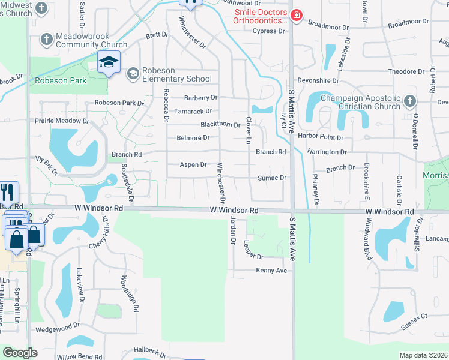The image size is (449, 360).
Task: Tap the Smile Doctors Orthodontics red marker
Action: [x=295, y=16]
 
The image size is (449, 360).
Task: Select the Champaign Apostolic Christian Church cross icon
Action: [x=410, y=101]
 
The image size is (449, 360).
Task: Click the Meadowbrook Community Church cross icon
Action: [x=46, y=40]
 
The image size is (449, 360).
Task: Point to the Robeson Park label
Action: [x=61, y=80]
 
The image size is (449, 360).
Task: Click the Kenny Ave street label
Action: [x=272, y=271]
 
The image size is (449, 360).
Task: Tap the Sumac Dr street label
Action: [x=272, y=178]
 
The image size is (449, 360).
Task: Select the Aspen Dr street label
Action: [x=193, y=164]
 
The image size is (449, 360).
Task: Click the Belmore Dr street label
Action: [x=193, y=138]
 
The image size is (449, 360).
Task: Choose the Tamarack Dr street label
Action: [x=193, y=111]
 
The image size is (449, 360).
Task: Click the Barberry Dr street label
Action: [x=200, y=98]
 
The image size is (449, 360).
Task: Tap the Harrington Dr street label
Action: [x=327, y=152]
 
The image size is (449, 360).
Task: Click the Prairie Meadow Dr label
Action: [x=64, y=121]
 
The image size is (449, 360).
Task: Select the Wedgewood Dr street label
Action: [x=58, y=327]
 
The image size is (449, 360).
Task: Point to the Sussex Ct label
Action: [x=415, y=316]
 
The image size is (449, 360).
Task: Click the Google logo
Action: [x=20, y=352]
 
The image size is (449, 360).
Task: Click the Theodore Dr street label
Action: [x=406, y=71]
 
